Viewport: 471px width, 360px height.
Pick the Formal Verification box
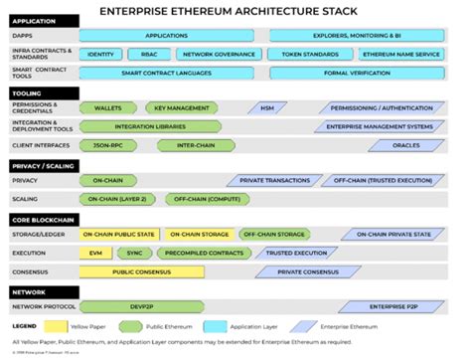(x=356, y=73)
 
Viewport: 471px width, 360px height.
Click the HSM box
(x=266, y=107)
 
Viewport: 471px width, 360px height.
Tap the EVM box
(x=95, y=253)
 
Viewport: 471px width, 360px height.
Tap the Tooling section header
(x=30, y=90)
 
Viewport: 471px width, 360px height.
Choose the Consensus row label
(x=29, y=270)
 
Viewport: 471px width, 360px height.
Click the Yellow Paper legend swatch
(x=54, y=326)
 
